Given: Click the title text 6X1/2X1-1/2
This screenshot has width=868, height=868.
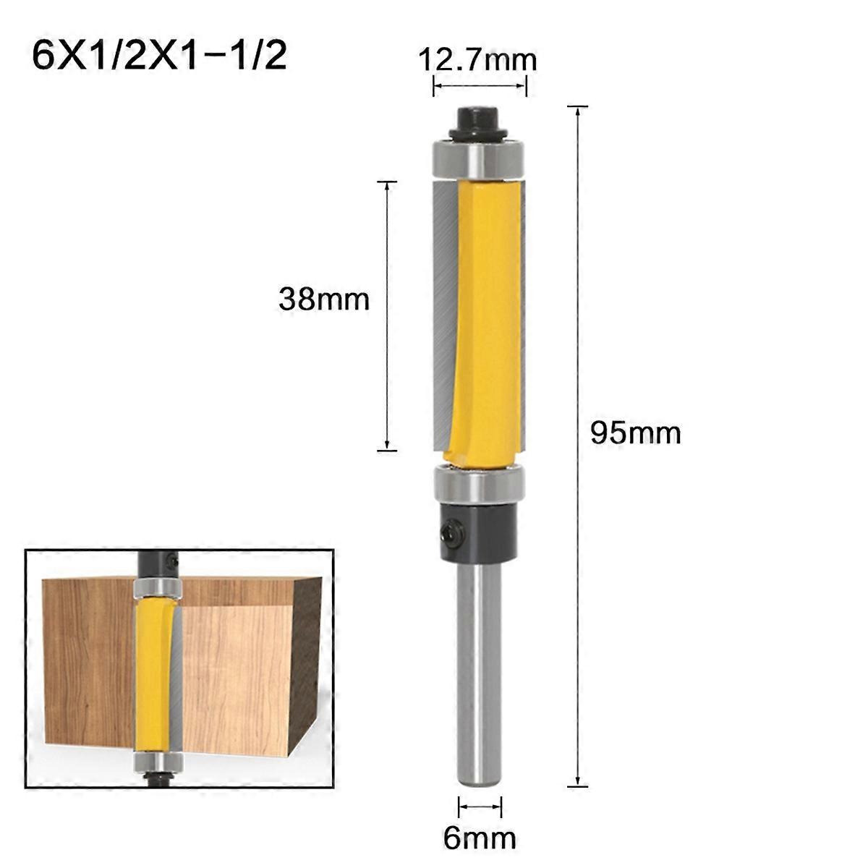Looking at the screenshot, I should pyautogui.click(x=159, y=56).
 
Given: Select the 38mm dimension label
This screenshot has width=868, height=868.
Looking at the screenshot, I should pyautogui.click(x=323, y=299).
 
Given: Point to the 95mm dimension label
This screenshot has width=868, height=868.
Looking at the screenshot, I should pyautogui.click(x=636, y=433).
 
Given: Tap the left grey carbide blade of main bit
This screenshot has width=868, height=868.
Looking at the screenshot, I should pyautogui.click(x=443, y=311).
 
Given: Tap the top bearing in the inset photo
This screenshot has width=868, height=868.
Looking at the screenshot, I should pyautogui.click(x=158, y=587).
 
